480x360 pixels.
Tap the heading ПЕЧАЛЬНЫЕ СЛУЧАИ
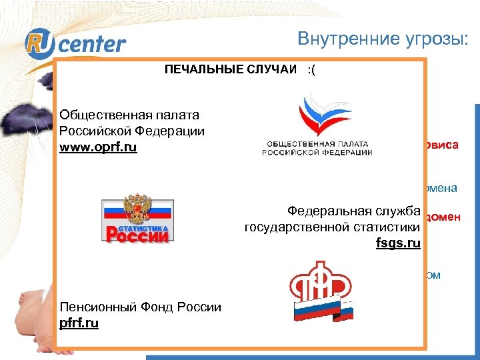point(231,70)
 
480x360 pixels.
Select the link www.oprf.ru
point(98,147)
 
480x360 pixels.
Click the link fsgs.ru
point(398,243)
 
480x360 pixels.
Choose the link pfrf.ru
point(79,323)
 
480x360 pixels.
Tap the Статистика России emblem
point(137,221)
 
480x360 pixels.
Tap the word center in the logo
point(96,45)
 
